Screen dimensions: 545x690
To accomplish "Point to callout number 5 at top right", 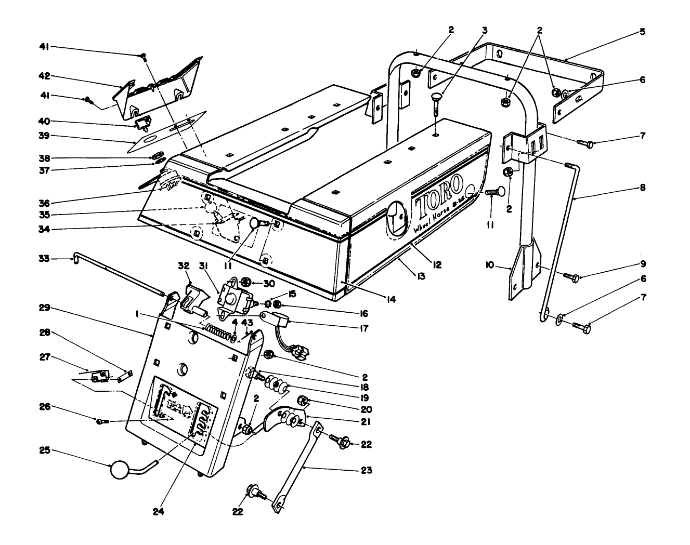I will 642,32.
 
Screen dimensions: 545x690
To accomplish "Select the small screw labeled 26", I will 101,421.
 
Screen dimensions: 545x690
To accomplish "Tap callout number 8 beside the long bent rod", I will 642,188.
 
